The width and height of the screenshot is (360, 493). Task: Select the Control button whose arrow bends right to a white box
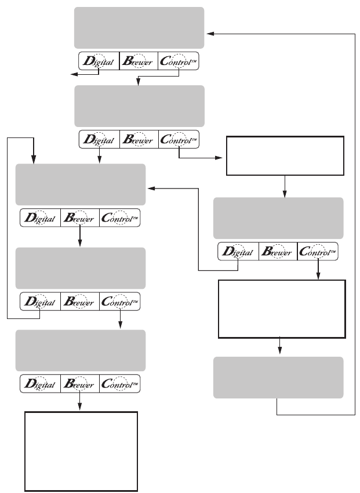178,140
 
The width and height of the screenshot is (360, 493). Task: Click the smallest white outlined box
285,155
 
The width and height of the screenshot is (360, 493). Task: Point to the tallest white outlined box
81,451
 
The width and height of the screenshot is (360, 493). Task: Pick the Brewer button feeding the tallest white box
80,384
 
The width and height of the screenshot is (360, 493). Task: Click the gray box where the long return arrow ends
139,27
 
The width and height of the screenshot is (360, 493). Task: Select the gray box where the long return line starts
278,377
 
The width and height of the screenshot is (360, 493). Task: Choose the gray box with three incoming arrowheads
79,184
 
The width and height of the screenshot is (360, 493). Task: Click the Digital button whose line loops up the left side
39,302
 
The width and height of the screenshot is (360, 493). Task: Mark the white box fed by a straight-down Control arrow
281,309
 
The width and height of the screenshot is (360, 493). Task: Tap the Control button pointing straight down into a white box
318,252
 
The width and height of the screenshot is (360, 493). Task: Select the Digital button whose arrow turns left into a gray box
238,252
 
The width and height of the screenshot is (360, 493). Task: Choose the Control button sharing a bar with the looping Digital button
120,302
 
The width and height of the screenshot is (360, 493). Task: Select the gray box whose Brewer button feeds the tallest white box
79,350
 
